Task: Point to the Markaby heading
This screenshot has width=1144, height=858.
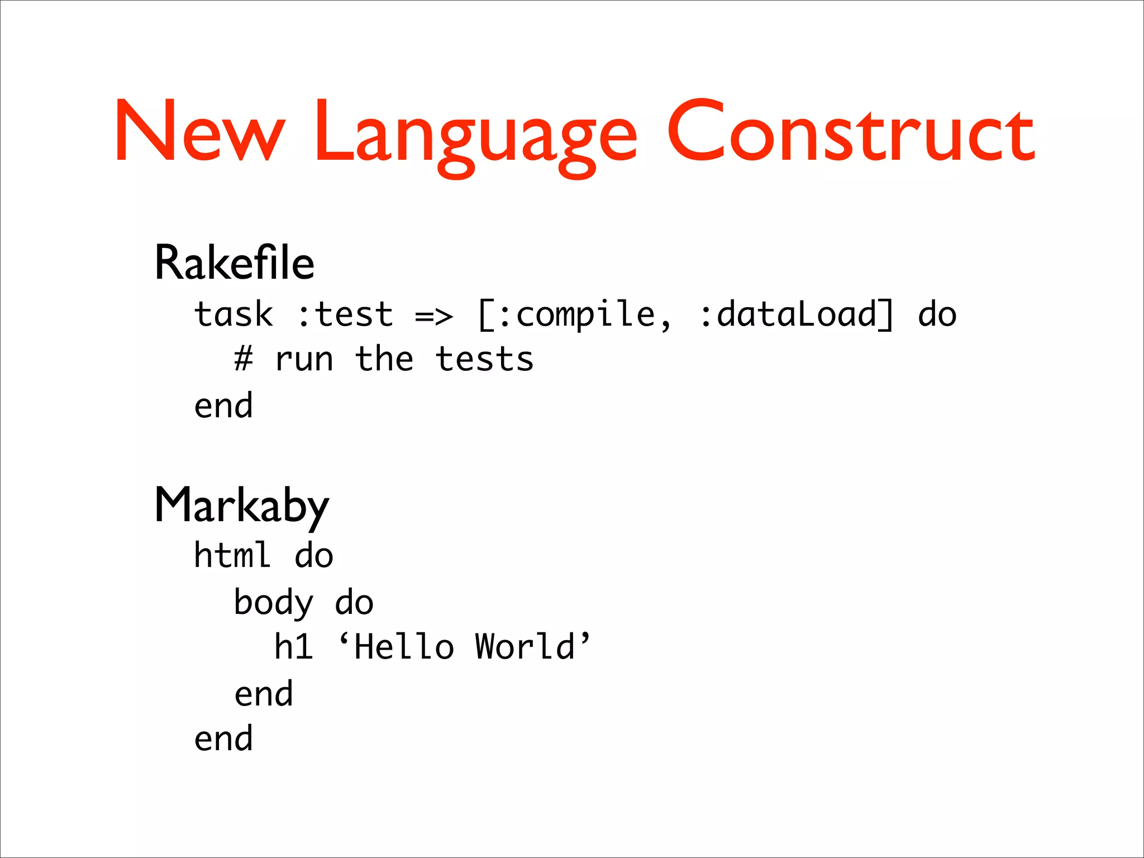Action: [x=241, y=506]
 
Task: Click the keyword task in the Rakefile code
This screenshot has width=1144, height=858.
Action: [x=233, y=314]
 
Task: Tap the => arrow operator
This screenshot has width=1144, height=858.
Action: [x=434, y=316]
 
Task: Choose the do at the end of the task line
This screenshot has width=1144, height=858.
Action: [x=937, y=314]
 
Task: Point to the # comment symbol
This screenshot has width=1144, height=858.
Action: [x=244, y=359]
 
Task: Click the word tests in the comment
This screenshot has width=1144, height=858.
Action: [x=484, y=359]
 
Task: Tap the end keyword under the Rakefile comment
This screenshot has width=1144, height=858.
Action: [x=223, y=406]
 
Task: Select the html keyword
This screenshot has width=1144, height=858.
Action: [x=232, y=555]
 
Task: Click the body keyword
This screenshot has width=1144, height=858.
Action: [x=274, y=603]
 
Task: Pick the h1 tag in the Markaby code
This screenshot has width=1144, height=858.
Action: [x=293, y=647]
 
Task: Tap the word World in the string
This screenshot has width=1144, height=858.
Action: [x=525, y=647]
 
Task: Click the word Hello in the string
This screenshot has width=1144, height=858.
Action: [x=404, y=647]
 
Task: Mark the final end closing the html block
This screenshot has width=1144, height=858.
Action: [x=223, y=738]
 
